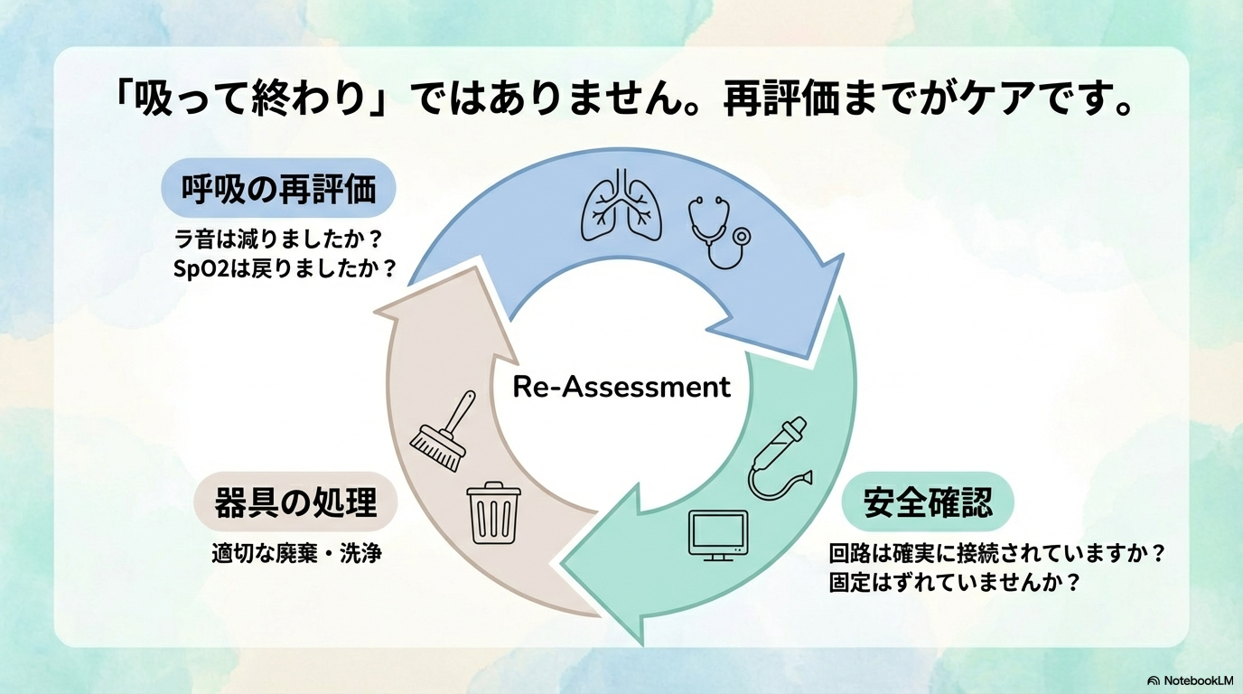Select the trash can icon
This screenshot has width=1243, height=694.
pyautogui.click(x=494, y=512)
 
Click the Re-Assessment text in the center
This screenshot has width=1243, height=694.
pyautogui.click(x=621, y=387)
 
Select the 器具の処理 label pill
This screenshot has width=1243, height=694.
pyautogui.click(x=295, y=502)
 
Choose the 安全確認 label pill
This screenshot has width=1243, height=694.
pyautogui.click(x=927, y=502)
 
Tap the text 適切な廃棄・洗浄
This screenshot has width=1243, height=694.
pyautogui.click(x=296, y=553)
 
